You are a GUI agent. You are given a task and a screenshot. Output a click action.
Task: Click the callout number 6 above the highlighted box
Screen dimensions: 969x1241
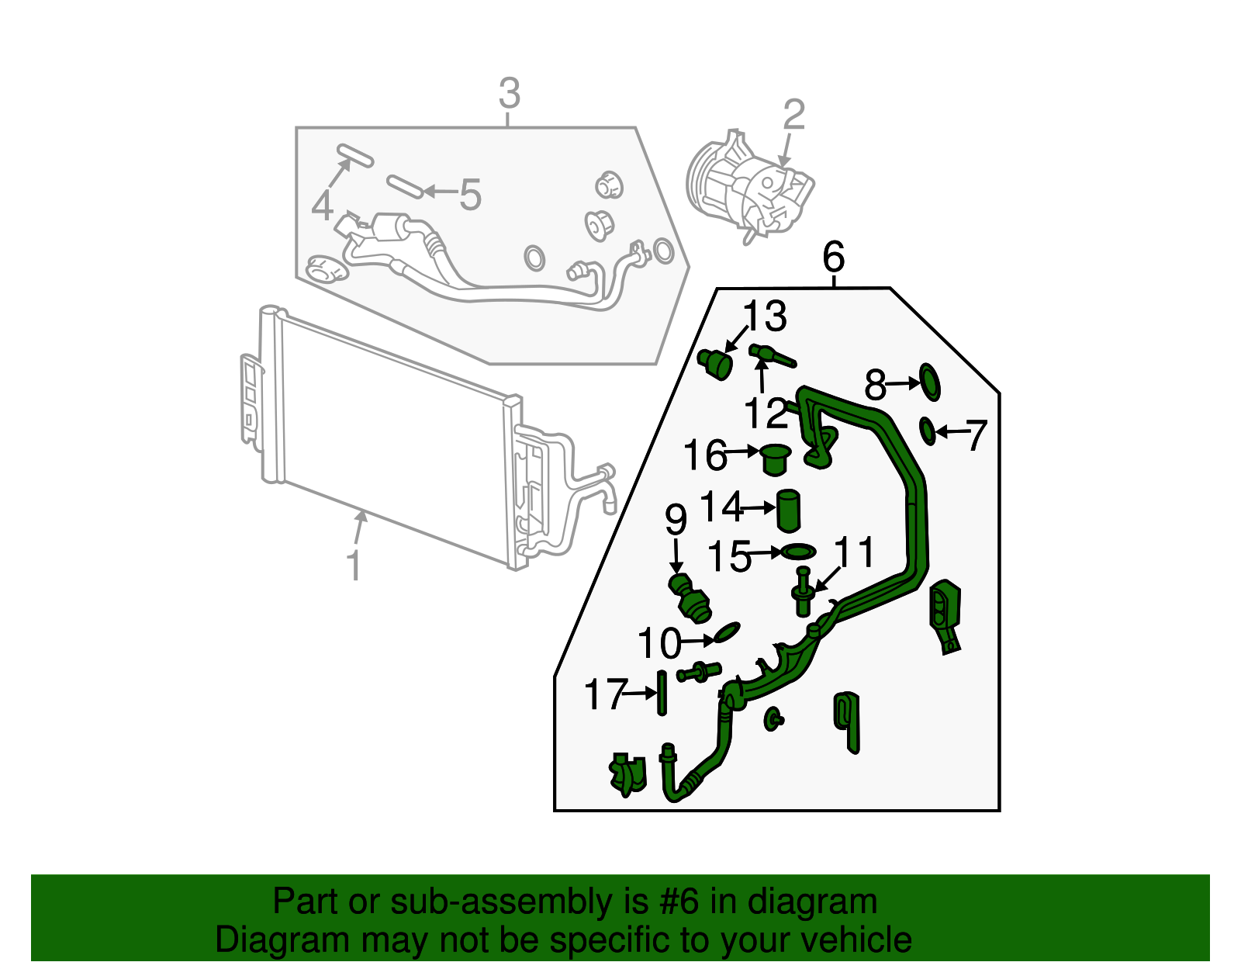click(833, 257)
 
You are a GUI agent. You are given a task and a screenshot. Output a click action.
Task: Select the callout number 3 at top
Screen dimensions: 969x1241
click(508, 94)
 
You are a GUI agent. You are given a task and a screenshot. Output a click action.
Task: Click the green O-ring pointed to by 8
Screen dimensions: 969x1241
click(930, 381)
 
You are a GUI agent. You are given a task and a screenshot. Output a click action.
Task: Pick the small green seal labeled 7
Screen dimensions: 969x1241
click(927, 431)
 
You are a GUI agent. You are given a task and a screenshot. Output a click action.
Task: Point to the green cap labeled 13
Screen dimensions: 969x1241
click(716, 364)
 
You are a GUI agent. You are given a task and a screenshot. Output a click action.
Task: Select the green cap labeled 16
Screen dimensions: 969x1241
click(775, 459)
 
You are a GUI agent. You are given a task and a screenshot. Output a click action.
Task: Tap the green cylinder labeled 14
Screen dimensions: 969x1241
click(789, 510)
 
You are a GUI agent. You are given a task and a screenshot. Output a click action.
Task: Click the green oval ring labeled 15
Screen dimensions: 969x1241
click(799, 552)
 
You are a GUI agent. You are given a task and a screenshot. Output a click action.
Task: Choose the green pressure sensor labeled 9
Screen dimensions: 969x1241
click(689, 598)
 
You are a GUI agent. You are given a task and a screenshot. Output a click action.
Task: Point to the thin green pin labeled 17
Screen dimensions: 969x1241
click(662, 693)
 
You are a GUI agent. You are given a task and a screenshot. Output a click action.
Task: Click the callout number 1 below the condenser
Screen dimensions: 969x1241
click(354, 566)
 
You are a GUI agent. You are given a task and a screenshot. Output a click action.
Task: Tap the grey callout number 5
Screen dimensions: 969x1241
click(470, 194)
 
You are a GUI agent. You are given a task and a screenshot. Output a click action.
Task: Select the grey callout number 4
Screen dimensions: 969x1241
click(323, 206)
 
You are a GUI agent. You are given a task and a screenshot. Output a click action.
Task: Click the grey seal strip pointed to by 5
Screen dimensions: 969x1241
click(404, 186)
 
